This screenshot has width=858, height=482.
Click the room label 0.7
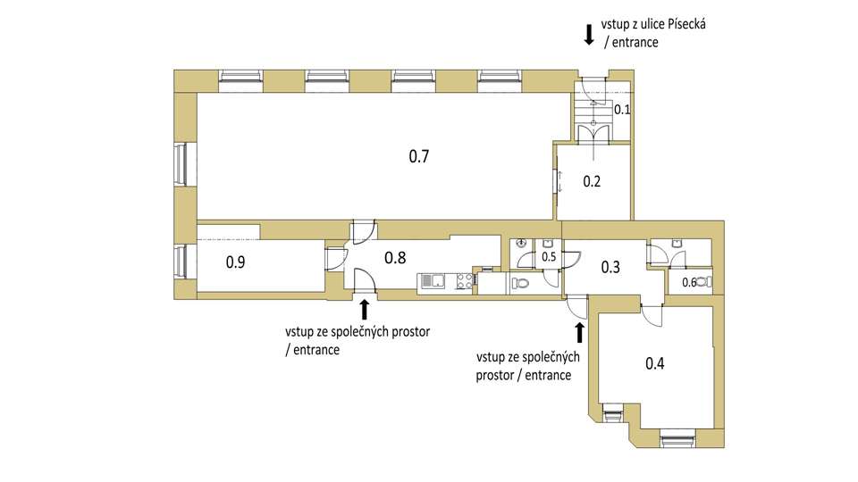[419, 157]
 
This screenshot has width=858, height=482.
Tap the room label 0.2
[592, 181]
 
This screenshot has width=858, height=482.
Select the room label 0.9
[235, 262]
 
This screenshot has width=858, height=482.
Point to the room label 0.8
[395, 257]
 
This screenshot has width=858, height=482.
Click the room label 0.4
[655, 363]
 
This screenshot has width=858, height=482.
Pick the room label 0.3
[610, 267]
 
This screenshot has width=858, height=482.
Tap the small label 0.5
[549, 257]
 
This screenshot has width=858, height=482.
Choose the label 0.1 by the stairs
[622, 109]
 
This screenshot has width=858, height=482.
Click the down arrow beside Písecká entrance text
[589, 34]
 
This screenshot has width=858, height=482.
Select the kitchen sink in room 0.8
[431, 281]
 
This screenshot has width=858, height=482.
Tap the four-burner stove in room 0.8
[465, 281]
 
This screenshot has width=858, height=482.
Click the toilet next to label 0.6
[705, 282]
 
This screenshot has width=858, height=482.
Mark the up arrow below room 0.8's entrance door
[365, 310]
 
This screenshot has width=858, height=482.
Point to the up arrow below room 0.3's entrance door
[579, 332]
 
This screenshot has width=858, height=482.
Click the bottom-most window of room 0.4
[677, 438]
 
